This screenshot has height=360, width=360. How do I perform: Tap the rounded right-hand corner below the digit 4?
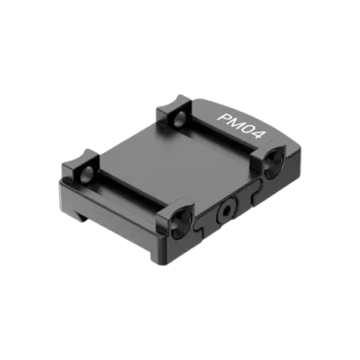pos(286,144)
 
